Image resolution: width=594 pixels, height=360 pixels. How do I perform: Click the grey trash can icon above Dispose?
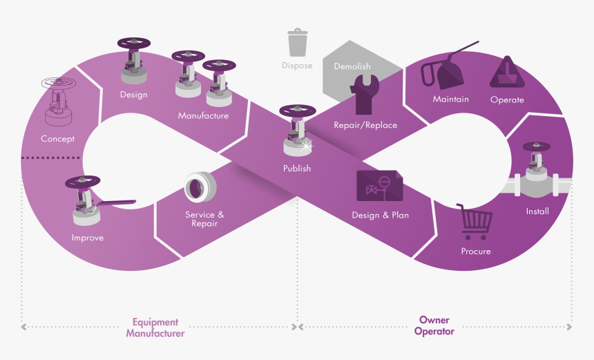[298, 42]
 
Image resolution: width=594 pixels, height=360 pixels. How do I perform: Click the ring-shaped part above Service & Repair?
[201, 187]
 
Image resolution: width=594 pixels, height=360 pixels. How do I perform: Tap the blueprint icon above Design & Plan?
[380, 187]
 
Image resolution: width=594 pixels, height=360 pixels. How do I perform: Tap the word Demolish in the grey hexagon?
[352, 66]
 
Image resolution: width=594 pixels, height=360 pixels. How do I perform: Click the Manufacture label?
[203, 115]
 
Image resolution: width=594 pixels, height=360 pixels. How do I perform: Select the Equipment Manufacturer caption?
[155, 328]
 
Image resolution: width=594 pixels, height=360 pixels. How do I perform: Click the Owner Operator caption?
[434, 326]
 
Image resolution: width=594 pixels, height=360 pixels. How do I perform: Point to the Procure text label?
[476, 251]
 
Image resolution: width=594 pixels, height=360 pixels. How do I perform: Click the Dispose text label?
[297, 66]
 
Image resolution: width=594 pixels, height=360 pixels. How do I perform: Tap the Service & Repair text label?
[204, 219]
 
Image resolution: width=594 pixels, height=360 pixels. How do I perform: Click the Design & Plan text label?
[380, 215]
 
